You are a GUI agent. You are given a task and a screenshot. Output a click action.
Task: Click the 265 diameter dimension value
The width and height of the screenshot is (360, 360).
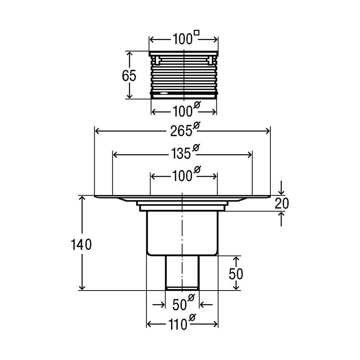point(181,131)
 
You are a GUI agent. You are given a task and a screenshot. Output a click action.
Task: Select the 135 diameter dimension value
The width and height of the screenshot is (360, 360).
point(181,153)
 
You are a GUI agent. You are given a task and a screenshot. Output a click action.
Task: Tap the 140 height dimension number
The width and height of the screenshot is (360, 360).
point(81,244)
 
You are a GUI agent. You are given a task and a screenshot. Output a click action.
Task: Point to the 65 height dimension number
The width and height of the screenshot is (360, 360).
point(129,76)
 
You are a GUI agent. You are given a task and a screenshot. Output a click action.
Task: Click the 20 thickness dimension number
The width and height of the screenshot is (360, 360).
point(282,203)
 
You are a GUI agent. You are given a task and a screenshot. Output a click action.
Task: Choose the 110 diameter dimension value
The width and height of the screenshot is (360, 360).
point(178,325)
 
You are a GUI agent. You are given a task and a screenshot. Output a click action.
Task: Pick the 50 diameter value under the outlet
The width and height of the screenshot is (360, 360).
point(180,305)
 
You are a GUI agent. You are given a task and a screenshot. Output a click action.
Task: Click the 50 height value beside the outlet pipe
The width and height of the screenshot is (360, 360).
point(236,274)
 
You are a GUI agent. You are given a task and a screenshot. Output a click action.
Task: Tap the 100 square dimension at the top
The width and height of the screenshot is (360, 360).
point(183,39)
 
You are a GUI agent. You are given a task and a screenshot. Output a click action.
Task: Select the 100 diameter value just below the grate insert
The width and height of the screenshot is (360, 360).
point(183,112)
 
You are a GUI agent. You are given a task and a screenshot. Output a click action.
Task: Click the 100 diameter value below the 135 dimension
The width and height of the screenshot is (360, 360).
point(183,176)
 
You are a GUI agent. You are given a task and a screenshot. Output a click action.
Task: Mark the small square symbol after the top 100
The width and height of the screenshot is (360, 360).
point(197,33)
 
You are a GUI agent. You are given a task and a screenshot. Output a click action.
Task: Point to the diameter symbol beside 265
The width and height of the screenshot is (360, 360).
point(197,125)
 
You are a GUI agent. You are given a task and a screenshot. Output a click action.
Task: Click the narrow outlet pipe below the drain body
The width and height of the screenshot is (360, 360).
point(182,273)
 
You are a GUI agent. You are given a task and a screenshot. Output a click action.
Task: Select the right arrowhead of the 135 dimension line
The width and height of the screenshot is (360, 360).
point(249,155)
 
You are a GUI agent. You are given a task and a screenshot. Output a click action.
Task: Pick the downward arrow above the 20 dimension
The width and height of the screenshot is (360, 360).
point(282,188)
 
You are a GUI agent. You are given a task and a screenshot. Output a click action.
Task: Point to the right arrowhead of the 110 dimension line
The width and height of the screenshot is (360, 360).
point(215,324)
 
